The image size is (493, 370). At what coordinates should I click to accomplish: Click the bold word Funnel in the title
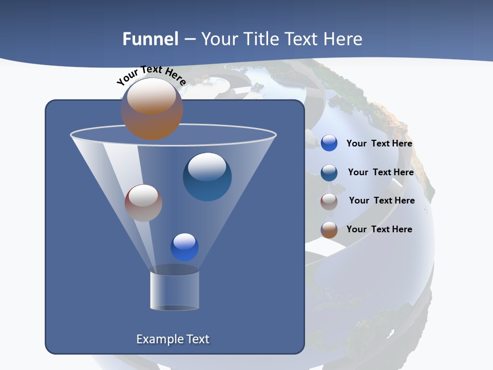150,39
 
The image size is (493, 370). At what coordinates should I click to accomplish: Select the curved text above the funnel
151,76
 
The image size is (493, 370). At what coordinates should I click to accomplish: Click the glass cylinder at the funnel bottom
174,290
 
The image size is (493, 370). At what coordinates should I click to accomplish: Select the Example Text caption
173,339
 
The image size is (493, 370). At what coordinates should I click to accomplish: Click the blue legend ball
329,143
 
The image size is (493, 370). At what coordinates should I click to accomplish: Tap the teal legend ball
329,173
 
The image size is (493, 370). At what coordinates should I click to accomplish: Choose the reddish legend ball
329,201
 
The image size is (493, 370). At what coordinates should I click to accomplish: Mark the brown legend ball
329,230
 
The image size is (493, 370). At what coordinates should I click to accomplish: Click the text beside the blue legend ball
379,143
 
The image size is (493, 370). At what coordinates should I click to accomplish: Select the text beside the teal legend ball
381,172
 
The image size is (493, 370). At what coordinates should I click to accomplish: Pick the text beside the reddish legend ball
382,200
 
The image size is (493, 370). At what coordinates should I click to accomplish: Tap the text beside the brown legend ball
379,229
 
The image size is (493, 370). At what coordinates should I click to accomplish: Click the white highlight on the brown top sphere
150,97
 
